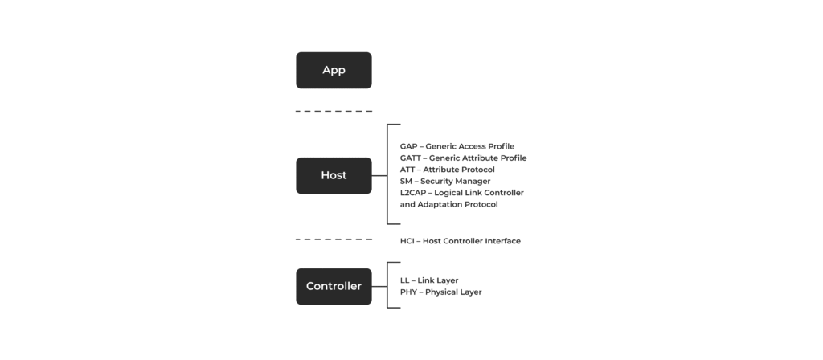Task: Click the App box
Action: click(334, 71)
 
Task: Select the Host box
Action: click(334, 175)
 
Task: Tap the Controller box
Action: click(334, 287)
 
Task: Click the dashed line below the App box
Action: click(334, 111)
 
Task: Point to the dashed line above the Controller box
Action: click(334, 239)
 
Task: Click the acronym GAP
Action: click(408, 146)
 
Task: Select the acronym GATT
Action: click(411, 158)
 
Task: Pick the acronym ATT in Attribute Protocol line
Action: click(407, 170)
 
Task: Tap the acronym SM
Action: click(406, 181)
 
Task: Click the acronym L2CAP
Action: click(412, 193)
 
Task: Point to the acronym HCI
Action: click(407, 241)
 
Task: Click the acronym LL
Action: click(404, 280)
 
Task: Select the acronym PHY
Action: click(408, 292)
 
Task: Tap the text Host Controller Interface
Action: click(472, 241)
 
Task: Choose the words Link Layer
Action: click(438, 280)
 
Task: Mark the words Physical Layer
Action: click(453, 292)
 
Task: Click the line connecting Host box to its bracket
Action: click(379, 175)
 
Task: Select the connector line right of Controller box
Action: click(379, 287)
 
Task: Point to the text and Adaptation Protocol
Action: click(448, 204)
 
